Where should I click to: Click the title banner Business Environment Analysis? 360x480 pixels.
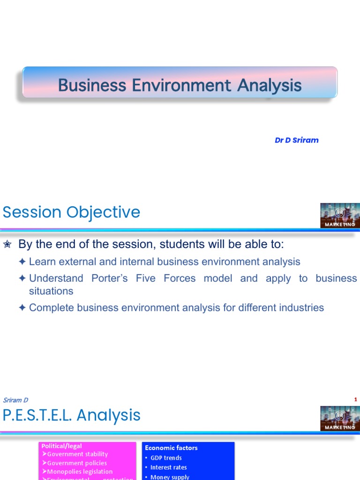tap(180, 85)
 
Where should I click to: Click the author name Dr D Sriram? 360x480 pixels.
tap(296, 140)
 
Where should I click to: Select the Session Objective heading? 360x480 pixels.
tap(71, 212)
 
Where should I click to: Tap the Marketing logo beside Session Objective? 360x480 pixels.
tap(340, 216)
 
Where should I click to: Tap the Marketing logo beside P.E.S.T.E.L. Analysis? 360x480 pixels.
tap(340, 419)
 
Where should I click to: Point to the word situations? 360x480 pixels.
tap(51, 291)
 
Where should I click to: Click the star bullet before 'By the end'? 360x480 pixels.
tap(7, 245)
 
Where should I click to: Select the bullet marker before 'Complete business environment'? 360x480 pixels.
tap(22, 308)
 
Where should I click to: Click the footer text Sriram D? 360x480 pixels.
tap(15, 400)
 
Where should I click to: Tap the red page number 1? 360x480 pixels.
tap(356, 399)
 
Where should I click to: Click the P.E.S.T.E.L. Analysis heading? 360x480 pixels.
tap(71, 415)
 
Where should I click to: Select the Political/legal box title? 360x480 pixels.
tap(61, 446)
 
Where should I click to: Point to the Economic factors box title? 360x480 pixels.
tap(171, 448)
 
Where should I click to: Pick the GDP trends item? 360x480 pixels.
tap(166, 458)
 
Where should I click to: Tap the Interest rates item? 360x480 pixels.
tap(168, 467)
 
